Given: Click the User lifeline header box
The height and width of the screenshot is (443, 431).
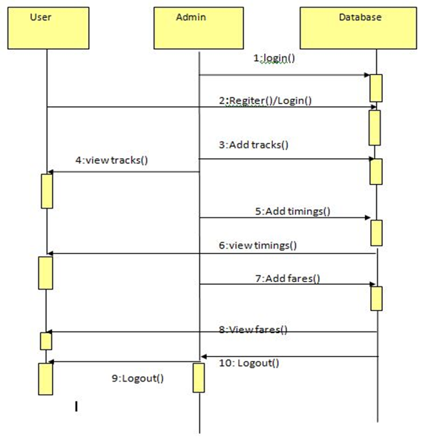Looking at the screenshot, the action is pos(48,28).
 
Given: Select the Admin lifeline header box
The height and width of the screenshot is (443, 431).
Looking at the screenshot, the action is pos(199,28).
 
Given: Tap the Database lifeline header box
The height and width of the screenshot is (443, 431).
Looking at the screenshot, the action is pos(358,28).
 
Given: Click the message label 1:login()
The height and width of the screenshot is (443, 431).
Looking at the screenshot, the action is pos(274,58).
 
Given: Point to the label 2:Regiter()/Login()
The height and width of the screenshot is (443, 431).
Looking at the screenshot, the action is pos(266,101).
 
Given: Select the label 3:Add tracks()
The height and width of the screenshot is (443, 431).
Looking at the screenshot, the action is pos(254,145).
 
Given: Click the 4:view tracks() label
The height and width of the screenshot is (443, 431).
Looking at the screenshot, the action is pos(111,160).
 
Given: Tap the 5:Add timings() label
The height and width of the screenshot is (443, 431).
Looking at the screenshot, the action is pos(292,211).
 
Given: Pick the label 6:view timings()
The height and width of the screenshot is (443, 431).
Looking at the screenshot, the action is pos(258,245).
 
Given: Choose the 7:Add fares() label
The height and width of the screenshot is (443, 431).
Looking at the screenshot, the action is pos(288,278).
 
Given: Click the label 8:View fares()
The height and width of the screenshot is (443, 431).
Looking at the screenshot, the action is pos(253,329).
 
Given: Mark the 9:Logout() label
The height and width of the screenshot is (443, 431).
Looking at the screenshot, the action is pos(137,378).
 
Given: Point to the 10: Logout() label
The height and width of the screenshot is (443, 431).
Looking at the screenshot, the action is pos(249,363).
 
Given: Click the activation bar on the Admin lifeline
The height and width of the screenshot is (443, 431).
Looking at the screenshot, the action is pos(199,378).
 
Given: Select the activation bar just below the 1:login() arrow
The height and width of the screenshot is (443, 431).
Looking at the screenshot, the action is pos(376,88).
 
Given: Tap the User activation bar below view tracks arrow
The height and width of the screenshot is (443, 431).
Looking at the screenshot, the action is pos(47,191).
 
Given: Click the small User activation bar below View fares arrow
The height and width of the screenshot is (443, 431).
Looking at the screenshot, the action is pos(46,341).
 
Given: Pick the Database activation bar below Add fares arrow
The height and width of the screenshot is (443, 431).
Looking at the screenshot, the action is pos(377,298).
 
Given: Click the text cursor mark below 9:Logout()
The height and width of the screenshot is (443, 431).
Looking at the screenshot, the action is pos(76,407).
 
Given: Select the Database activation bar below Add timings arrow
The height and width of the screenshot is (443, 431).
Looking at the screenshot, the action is pos(377,233).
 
